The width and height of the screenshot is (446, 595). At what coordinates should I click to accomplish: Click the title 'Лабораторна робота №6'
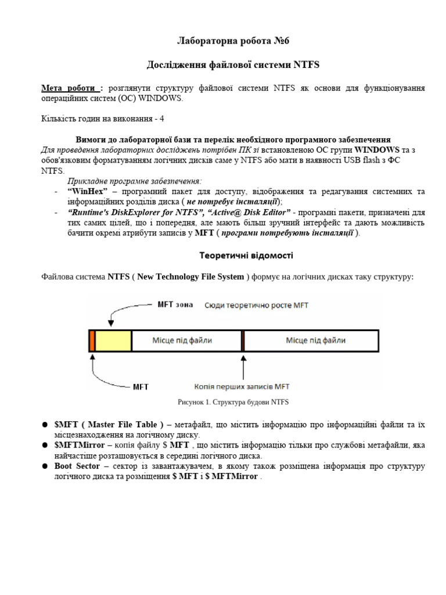coord(223,41)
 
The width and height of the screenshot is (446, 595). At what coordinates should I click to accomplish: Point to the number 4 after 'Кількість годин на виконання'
coord(162,119)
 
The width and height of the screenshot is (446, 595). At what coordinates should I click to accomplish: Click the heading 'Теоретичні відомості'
coord(246,255)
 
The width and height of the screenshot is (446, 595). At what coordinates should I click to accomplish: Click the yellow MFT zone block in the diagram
coord(113,340)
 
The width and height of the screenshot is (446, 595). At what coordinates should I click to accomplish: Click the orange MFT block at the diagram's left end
coord(92,340)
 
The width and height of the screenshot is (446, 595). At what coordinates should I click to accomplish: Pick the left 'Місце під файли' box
coord(186,340)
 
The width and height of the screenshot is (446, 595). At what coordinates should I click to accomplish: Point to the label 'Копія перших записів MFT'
coord(243,386)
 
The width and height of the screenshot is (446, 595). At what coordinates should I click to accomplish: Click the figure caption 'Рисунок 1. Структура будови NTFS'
coord(232,402)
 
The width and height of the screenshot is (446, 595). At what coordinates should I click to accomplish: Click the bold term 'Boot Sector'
coord(77,467)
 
